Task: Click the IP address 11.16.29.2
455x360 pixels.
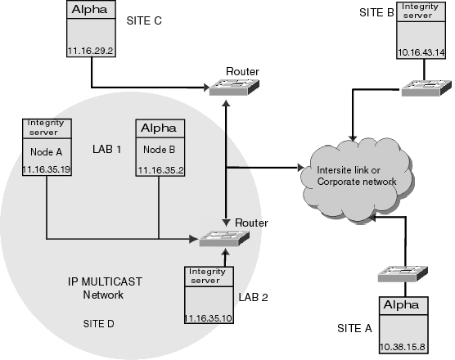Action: tap(90, 51)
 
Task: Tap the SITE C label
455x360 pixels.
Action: tap(144, 21)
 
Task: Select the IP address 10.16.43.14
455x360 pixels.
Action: tap(421, 52)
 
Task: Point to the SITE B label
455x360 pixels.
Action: tap(376, 12)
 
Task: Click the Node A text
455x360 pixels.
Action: tap(47, 151)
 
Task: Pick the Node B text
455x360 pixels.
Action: tap(160, 150)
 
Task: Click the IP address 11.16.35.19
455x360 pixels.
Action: tap(47, 169)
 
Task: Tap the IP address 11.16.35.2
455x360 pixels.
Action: tap(160, 170)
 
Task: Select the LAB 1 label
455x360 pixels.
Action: tap(106, 150)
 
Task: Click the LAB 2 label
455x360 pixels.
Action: tap(254, 297)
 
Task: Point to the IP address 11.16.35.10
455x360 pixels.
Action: tap(209, 318)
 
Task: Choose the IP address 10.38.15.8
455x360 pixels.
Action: tap(403, 347)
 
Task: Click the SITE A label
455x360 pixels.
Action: tap(354, 328)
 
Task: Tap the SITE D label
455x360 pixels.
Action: tap(99, 324)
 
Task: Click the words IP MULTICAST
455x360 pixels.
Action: tap(105, 281)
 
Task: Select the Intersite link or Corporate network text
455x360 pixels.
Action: tap(357, 176)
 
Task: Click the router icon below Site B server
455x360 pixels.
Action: tap(426, 88)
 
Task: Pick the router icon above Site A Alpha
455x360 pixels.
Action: tap(403, 274)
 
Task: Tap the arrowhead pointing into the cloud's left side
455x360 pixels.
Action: tap(300, 168)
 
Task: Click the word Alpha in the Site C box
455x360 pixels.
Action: tap(90, 10)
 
